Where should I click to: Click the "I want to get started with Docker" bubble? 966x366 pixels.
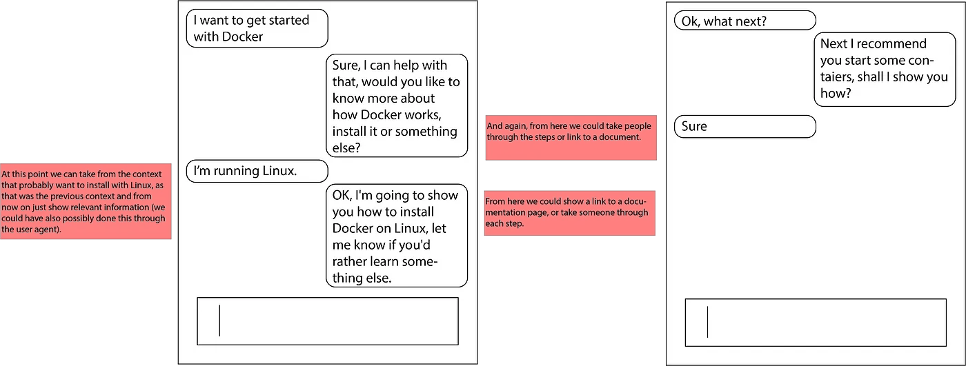257,28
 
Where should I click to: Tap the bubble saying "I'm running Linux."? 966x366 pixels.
257,171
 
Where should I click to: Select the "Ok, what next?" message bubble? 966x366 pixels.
745,21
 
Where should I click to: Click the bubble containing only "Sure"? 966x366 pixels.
745,127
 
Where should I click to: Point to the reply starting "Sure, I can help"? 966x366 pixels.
396,106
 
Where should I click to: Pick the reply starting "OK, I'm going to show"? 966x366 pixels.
396,236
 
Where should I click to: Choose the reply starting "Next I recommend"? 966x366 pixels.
884,69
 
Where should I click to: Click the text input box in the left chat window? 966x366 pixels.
328,321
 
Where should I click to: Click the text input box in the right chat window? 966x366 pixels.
815,323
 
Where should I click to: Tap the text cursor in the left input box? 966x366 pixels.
219,321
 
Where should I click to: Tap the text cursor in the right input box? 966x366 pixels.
707,323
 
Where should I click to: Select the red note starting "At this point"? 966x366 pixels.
86,201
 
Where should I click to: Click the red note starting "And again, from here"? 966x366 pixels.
570,137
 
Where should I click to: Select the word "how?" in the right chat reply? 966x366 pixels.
834,93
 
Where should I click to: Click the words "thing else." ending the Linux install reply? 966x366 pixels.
362,278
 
